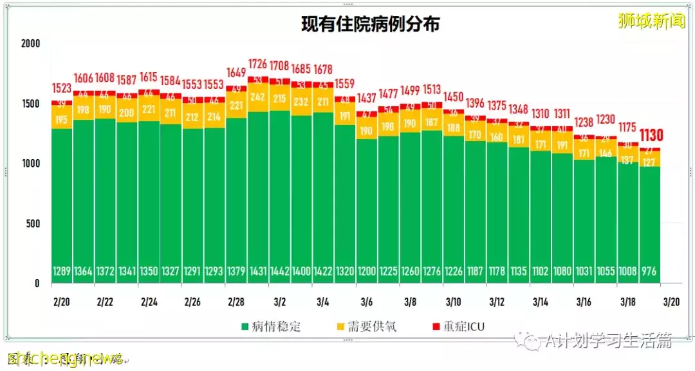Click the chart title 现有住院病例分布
[x=371, y=24]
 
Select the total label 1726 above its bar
[x=258, y=64]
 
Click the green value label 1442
[x=280, y=272]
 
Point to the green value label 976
[x=650, y=272]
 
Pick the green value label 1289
[x=62, y=272]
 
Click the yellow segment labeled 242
[x=258, y=97]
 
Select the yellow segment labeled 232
[x=301, y=101]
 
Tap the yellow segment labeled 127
[x=650, y=162]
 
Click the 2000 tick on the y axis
[x=30, y=44]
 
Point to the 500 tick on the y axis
[x=33, y=224]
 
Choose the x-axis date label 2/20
[x=62, y=301]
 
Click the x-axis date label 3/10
[x=454, y=301]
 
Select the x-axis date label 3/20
[x=672, y=301]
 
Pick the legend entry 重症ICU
[x=461, y=327]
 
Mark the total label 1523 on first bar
[x=62, y=89]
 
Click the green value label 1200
[x=367, y=272]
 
